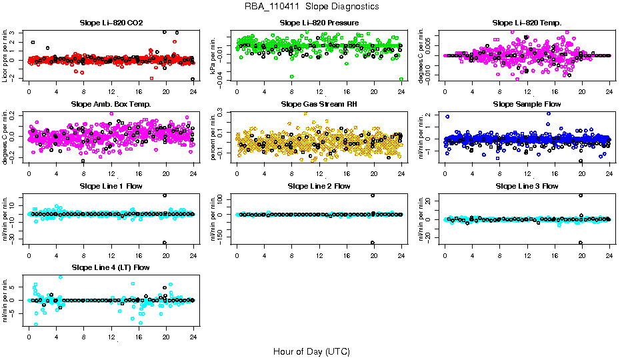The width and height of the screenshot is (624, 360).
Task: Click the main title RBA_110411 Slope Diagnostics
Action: [x=312, y=6]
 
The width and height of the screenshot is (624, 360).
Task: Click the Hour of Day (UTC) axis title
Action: [x=311, y=351]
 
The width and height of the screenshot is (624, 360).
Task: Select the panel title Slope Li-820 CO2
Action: [x=111, y=23]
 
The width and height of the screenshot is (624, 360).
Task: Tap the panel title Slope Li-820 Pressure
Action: [x=319, y=23]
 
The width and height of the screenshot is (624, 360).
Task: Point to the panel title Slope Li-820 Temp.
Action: [x=527, y=23]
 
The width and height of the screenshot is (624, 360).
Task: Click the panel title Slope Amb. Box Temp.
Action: [x=111, y=104]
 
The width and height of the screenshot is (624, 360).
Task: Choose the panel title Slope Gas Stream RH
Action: [x=319, y=104]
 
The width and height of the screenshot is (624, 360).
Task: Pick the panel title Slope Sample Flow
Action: [x=527, y=104]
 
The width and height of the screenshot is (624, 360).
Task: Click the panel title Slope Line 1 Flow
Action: [x=111, y=186]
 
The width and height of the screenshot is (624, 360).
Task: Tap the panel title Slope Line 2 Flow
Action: [x=319, y=186]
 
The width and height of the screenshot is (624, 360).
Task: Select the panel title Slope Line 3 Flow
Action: [x=527, y=186]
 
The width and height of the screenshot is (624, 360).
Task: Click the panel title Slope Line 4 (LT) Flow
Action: [x=111, y=267]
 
